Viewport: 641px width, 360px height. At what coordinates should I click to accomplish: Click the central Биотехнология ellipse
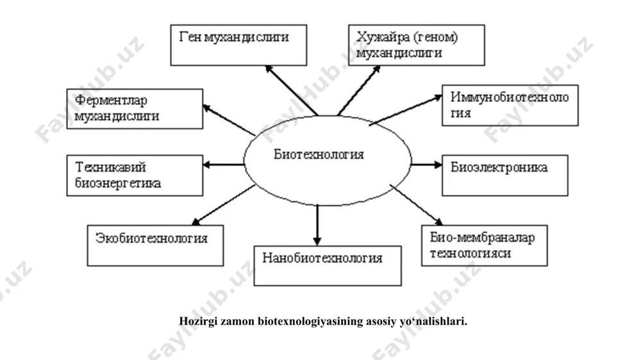(328, 160)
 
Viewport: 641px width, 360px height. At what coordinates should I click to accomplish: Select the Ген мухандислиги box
(238, 45)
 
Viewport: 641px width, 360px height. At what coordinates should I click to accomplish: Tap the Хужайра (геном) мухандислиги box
(416, 45)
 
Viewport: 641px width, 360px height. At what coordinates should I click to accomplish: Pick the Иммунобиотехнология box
(510, 106)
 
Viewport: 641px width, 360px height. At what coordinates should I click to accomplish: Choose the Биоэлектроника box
(505, 176)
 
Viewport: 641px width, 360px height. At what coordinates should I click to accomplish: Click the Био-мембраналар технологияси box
(485, 245)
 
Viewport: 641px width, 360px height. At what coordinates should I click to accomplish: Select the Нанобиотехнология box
(328, 266)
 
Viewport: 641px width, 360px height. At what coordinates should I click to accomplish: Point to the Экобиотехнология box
(155, 245)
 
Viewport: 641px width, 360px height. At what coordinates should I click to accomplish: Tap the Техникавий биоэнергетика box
(135, 176)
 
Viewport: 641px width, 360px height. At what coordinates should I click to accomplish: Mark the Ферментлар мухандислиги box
(135, 109)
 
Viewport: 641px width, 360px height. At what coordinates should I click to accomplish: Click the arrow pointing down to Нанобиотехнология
(317, 225)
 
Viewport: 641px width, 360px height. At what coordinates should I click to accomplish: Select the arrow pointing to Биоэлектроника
(426, 165)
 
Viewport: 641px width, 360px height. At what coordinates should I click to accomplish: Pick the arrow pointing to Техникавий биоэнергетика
(224, 165)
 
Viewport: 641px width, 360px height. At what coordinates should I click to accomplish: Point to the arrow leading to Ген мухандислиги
(291, 90)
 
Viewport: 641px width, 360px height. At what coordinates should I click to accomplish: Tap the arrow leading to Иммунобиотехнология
(406, 110)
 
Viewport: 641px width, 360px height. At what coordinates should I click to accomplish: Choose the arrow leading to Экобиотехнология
(224, 205)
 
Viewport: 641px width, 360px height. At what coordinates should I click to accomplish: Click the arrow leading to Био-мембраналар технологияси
(416, 205)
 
